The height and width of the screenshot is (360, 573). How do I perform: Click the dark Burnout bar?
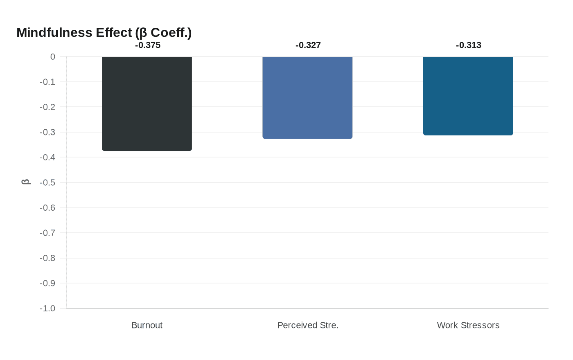(147, 103)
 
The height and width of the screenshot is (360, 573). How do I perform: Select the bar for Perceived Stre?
(307, 98)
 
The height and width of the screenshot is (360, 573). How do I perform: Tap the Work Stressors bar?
(468, 96)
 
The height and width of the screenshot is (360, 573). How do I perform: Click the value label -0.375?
(148, 45)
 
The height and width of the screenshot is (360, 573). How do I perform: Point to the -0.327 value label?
(308, 45)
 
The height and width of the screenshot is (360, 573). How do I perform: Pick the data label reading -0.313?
(469, 45)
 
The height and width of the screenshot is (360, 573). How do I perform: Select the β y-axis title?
(26, 182)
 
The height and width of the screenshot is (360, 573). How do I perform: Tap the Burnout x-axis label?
(147, 325)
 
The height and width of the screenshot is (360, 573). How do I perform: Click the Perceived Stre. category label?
(308, 325)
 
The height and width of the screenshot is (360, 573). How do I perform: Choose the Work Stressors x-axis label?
(468, 325)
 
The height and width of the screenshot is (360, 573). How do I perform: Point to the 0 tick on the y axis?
(52, 57)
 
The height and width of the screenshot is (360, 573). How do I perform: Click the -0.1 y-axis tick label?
(47, 82)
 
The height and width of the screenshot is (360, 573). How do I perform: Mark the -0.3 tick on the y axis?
(47, 133)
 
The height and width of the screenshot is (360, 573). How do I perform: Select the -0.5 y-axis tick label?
(47, 183)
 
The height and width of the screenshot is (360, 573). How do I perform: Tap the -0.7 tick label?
(47, 233)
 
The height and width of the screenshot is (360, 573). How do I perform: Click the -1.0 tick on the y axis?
(47, 308)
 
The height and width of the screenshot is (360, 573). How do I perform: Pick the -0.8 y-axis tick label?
(47, 258)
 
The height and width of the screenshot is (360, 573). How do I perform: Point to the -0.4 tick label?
(47, 157)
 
